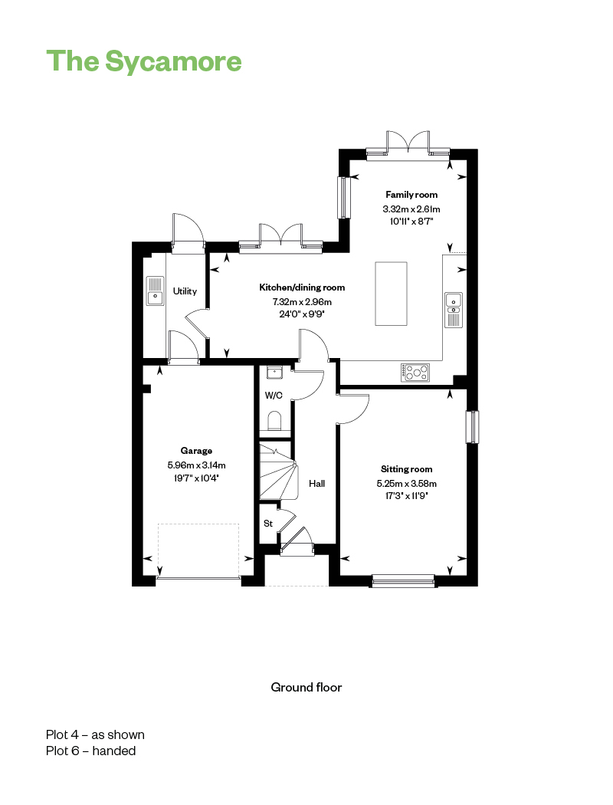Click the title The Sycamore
[x=143, y=61]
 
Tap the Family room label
[x=411, y=195]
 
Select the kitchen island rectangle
[x=391, y=294]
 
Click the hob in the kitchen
[x=415, y=372]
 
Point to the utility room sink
[x=155, y=291]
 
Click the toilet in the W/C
[x=274, y=420]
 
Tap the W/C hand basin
[x=274, y=372]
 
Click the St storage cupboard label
[x=268, y=524]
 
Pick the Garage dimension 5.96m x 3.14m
[x=196, y=465]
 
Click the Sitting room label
[x=406, y=468]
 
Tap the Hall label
[x=317, y=484]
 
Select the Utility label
[x=185, y=291]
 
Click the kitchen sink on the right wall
[x=454, y=310]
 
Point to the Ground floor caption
[x=306, y=688]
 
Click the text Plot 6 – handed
[x=90, y=751]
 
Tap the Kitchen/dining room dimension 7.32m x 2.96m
[x=302, y=302]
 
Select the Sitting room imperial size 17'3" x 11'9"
[x=406, y=496]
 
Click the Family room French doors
[x=408, y=142]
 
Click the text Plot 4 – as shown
[x=95, y=734]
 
